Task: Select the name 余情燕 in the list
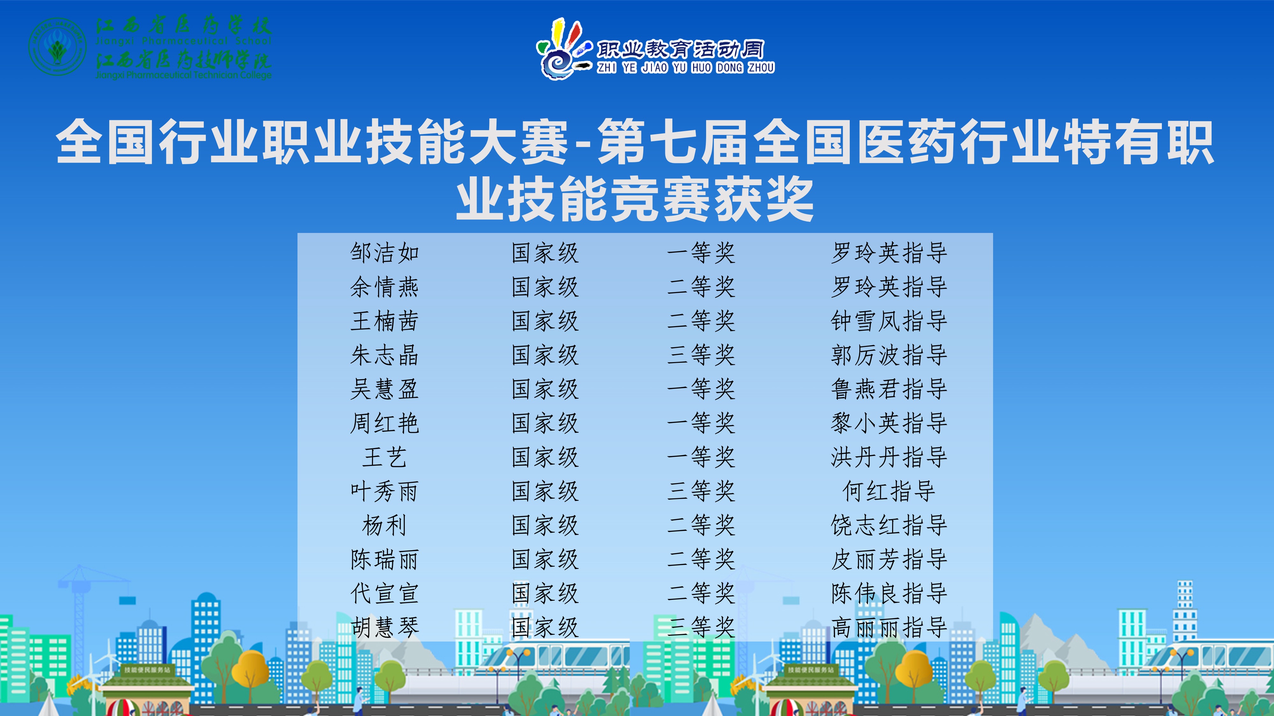click(384, 287)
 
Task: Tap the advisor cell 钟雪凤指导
click(889, 321)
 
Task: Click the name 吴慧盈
click(384, 389)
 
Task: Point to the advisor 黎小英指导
click(889, 423)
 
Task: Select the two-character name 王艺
click(384, 457)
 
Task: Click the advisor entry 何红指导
click(889, 491)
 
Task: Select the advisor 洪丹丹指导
click(889, 457)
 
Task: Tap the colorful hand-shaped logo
click(564, 48)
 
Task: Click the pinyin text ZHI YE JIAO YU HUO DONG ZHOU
click(685, 67)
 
